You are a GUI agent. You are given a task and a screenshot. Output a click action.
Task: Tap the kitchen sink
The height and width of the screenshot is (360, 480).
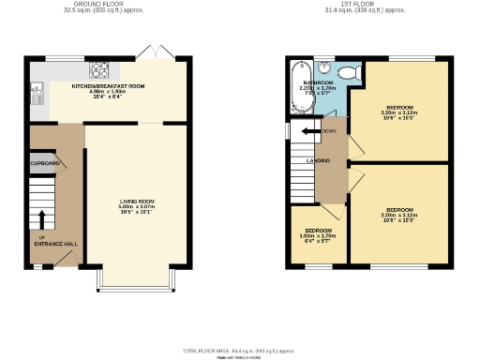click(37, 91)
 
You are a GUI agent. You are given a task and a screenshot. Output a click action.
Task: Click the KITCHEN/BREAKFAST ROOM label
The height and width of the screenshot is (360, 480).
click(109, 86)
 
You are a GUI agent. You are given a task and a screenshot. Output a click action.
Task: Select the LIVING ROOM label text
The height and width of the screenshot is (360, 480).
click(137, 202)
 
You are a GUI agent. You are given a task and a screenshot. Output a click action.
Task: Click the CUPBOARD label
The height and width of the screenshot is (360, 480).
click(45, 164)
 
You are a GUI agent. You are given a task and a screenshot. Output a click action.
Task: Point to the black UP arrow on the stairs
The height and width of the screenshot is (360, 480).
click(41, 219)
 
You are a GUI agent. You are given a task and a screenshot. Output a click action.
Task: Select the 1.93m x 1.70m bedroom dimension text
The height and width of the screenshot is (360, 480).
click(317, 234)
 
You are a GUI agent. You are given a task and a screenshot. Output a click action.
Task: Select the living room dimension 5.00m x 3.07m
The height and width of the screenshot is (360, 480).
click(137, 207)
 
